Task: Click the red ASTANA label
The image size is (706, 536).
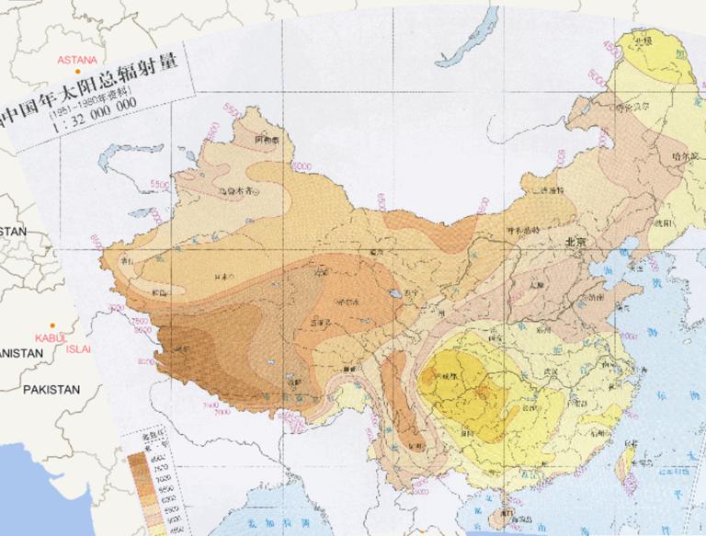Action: click(x=77, y=60)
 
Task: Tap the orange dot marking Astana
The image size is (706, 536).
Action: click(x=79, y=71)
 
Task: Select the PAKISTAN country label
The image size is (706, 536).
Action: click(x=51, y=390)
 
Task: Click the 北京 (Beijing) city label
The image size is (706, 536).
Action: click(x=575, y=241)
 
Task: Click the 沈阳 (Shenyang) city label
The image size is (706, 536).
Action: click(x=660, y=222)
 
